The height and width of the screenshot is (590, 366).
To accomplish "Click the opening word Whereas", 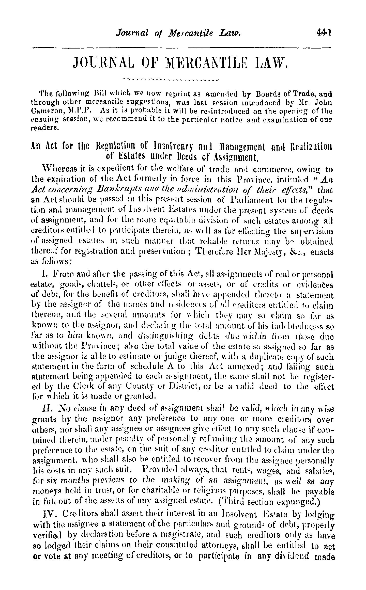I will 57,169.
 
